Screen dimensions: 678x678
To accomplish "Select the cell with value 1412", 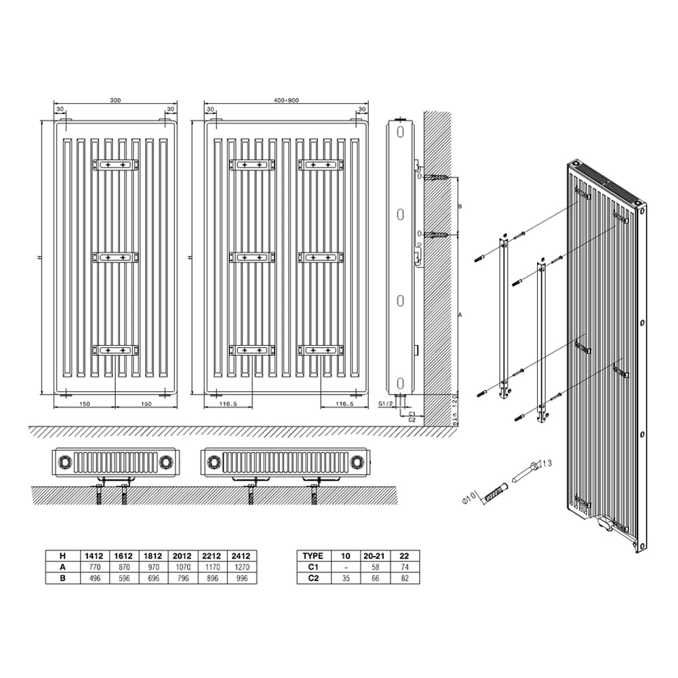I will (x=93, y=554).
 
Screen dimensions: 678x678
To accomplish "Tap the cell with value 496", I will (x=93, y=578).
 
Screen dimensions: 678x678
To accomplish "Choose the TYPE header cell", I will (x=313, y=554).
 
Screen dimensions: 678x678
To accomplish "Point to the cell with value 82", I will (x=405, y=578).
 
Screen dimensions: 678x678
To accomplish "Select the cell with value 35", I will (x=346, y=578).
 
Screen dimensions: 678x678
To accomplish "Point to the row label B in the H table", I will (x=62, y=578).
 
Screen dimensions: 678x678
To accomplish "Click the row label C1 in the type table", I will (x=313, y=566).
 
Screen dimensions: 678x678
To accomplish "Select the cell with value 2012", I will (x=182, y=554).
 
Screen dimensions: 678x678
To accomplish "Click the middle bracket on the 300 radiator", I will (x=115, y=258).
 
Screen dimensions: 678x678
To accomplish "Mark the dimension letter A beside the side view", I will (x=460, y=315).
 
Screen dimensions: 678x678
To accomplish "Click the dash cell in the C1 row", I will (x=346, y=566).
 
